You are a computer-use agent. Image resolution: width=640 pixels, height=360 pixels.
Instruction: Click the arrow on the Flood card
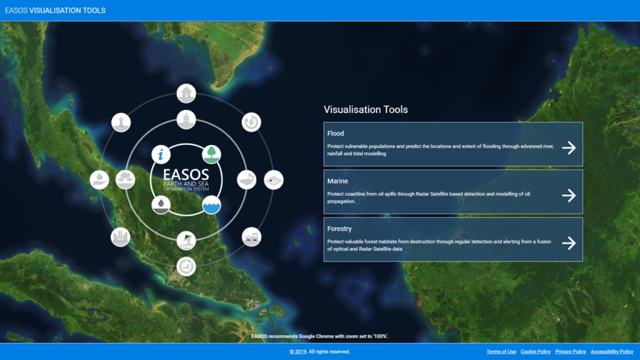[x=569, y=147]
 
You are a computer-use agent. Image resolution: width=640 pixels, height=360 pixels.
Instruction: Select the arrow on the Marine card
[x=569, y=196]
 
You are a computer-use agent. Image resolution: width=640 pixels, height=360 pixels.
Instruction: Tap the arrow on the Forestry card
[x=569, y=243]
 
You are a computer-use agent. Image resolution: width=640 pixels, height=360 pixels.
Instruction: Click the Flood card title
[x=336, y=134]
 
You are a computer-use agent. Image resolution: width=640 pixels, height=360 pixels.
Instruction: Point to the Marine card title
[x=337, y=181]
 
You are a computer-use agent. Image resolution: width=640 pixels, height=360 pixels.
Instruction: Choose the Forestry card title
[x=339, y=229]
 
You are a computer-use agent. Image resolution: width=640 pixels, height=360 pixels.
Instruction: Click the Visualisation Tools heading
[x=366, y=109]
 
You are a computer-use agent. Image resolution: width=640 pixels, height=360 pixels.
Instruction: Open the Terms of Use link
[x=501, y=352]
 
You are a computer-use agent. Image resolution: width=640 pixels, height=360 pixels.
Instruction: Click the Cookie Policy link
[x=536, y=352]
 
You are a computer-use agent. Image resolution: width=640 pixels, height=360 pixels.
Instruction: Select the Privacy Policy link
[x=571, y=352]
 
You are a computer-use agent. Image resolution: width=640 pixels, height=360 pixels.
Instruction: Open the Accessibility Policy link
[x=612, y=352]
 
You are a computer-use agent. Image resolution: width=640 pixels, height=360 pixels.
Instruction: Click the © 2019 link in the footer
[x=298, y=352]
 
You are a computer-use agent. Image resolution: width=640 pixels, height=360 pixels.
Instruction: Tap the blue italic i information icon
[x=161, y=154]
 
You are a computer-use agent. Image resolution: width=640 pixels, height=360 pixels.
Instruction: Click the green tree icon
[x=211, y=154]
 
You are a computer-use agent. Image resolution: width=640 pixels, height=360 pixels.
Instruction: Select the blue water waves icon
[x=211, y=205]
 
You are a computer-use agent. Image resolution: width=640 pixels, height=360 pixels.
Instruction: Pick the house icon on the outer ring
[x=186, y=94]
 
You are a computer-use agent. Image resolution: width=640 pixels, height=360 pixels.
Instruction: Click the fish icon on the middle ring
[x=246, y=179]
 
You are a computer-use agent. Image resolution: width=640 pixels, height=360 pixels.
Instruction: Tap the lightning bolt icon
[x=251, y=122]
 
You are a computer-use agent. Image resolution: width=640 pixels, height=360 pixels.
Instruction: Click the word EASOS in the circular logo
[x=186, y=175]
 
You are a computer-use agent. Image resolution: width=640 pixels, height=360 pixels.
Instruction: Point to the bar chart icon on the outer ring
[x=186, y=266]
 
